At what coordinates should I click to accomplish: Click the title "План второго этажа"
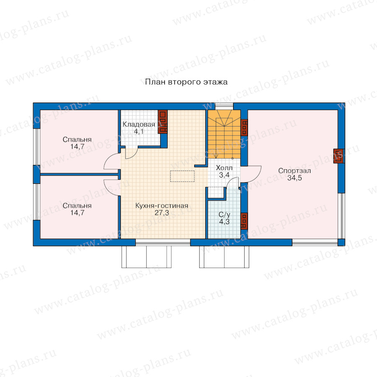186,82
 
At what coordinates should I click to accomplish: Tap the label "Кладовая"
139,124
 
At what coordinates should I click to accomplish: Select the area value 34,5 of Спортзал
294,178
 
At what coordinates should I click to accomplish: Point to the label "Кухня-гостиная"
162,206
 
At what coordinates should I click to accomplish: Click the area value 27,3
162,213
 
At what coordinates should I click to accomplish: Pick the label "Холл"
224,168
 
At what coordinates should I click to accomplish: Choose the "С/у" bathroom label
224,214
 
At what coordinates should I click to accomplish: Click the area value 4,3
224,222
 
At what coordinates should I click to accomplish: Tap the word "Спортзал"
294,171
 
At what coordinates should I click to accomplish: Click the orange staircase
224,134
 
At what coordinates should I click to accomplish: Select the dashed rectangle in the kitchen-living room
182,176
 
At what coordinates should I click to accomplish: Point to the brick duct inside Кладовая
163,121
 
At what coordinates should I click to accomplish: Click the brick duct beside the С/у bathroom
244,221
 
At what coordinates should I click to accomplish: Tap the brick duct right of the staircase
244,127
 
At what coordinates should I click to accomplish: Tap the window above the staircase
224,106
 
